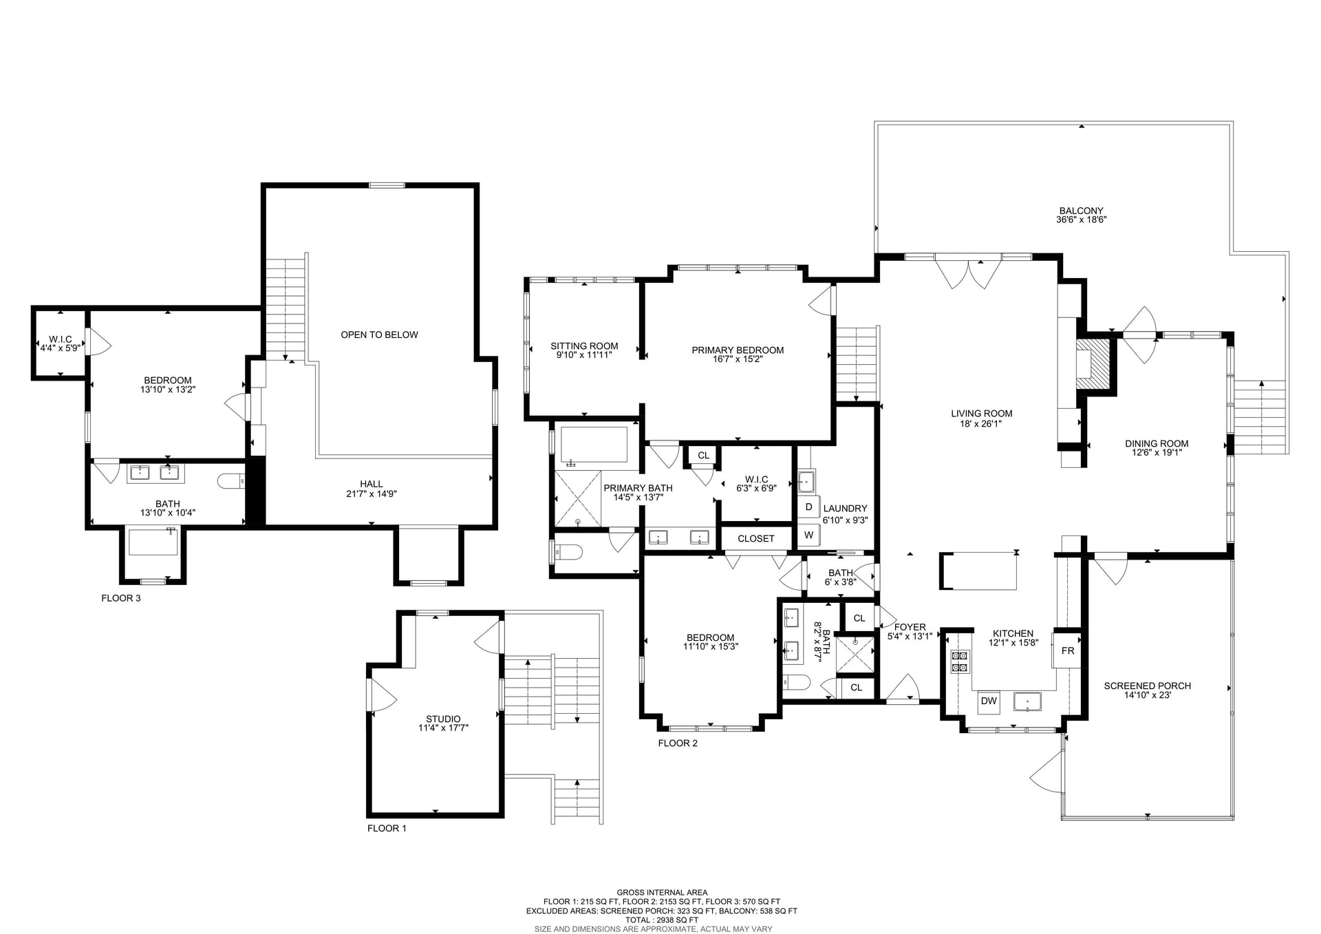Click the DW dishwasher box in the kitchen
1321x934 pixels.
click(x=989, y=701)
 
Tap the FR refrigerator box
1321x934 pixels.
click(x=1067, y=650)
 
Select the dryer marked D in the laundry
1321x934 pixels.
click(x=808, y=507)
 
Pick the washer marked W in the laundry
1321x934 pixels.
click(x=808, y=535)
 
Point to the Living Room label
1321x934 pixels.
click(x=981, y=414)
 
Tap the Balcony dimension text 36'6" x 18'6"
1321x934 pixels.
click(x=1081, y=220)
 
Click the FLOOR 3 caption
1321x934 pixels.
click(x=121, y=598)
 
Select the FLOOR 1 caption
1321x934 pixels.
click(x=387, y=828)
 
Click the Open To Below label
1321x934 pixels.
click(x=379, y=335)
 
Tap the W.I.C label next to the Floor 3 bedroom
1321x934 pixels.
click(x=60, y=339)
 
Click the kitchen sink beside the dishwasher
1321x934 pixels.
click(x=1027, y=701)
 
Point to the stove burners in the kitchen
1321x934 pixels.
click(x=959, y=661)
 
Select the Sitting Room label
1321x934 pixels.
click(x=584, y=346)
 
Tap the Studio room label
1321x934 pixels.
click(x=443, y=719)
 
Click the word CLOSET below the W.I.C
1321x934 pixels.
click(x=755, y=538)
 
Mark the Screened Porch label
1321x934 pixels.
click(x=1147, y=686)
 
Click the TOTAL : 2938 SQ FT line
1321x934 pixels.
click(x=661, y=920)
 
